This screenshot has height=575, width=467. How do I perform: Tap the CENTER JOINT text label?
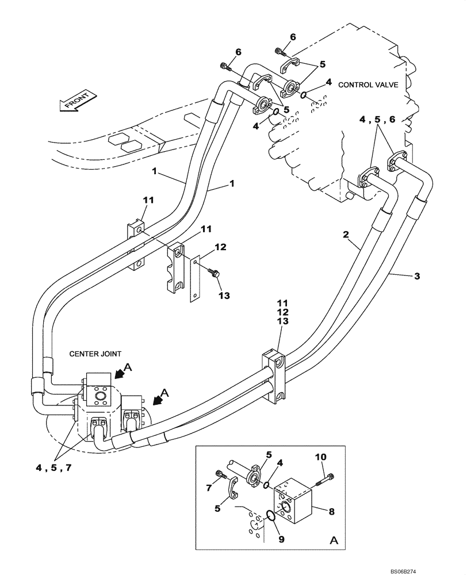click(95, 354)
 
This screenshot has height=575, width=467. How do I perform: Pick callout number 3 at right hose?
click(417, 277)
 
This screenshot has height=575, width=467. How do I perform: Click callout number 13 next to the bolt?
click(224, 296)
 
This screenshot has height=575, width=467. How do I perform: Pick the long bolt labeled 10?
click(324, 477)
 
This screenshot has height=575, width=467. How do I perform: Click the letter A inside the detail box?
click(334, 541)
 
